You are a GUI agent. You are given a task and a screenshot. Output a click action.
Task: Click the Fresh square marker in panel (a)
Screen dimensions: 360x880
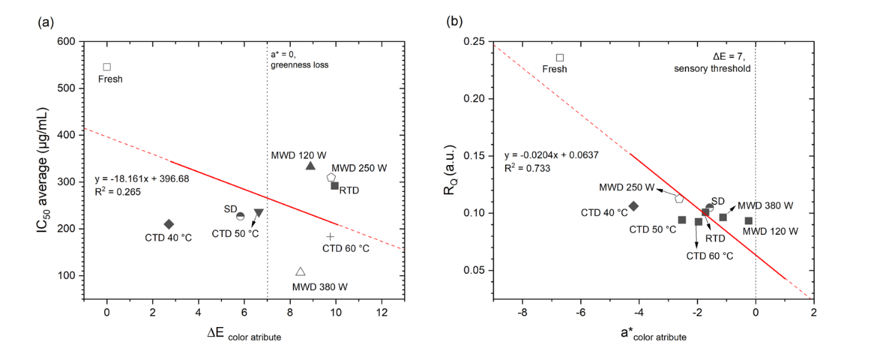click(x=107, y=67)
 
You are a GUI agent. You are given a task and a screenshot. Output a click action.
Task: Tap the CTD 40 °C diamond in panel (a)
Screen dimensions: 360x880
click(x=169, y=224)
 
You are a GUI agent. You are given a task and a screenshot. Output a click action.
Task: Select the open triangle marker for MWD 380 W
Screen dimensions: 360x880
click(x=300, y=272)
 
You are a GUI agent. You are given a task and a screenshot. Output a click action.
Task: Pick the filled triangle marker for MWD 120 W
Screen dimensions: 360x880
click(x=310, y=166)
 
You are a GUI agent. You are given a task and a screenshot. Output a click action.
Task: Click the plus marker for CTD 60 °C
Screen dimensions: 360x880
click(x=330, y=237)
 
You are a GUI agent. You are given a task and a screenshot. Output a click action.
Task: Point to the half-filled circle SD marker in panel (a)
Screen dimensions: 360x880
click(x=240, y=216)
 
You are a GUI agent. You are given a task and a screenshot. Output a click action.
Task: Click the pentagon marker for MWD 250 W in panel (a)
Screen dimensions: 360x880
click(x=331, y=178)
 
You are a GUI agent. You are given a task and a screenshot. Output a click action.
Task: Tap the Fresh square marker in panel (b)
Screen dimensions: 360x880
click(x=560, y=58)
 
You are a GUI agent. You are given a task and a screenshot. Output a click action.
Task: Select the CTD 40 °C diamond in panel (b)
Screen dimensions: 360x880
click(x=634, y=206)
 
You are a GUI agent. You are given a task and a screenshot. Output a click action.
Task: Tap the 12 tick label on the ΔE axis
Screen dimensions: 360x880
click(x=381, y=312)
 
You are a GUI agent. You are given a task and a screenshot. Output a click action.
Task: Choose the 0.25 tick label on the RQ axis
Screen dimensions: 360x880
click(x=474, y=42)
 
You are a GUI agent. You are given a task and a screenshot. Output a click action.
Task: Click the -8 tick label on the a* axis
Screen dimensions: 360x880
click(x=522, y=312)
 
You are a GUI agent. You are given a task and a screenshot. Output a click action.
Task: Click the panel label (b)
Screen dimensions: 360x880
click(x=454, y=23)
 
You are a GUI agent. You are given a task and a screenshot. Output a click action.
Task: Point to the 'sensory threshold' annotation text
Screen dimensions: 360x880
click(x=712, y=69)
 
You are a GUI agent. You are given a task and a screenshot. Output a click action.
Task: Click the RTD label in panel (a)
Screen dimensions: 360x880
click(x=349, y=191)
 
